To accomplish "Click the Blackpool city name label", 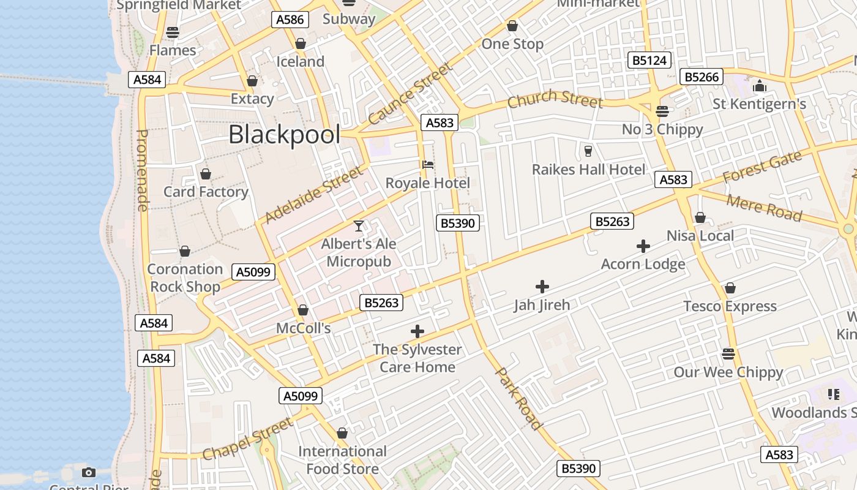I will (284, 134).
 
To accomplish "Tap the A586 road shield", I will (290, 20).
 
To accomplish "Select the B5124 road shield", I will (649, 60).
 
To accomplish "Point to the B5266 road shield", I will (703, 77).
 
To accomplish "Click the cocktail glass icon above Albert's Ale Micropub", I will (359, 226).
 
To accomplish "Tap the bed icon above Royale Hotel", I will (428, 165).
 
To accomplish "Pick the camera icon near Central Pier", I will (89, 472).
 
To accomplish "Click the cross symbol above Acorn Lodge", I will (643, 246).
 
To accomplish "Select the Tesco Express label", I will (730, 306).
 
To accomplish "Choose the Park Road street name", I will (518, 398).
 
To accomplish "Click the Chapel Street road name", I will (248, 439).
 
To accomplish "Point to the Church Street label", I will (555, 99).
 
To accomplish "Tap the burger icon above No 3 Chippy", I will (662, 111).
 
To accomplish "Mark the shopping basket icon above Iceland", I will (300, 44).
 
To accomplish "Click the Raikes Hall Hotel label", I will (588, 170).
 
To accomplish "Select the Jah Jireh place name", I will (542, 305).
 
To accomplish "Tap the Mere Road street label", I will (763, 208).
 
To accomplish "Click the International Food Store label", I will (342, 460).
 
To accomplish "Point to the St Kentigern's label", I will (759, 104).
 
